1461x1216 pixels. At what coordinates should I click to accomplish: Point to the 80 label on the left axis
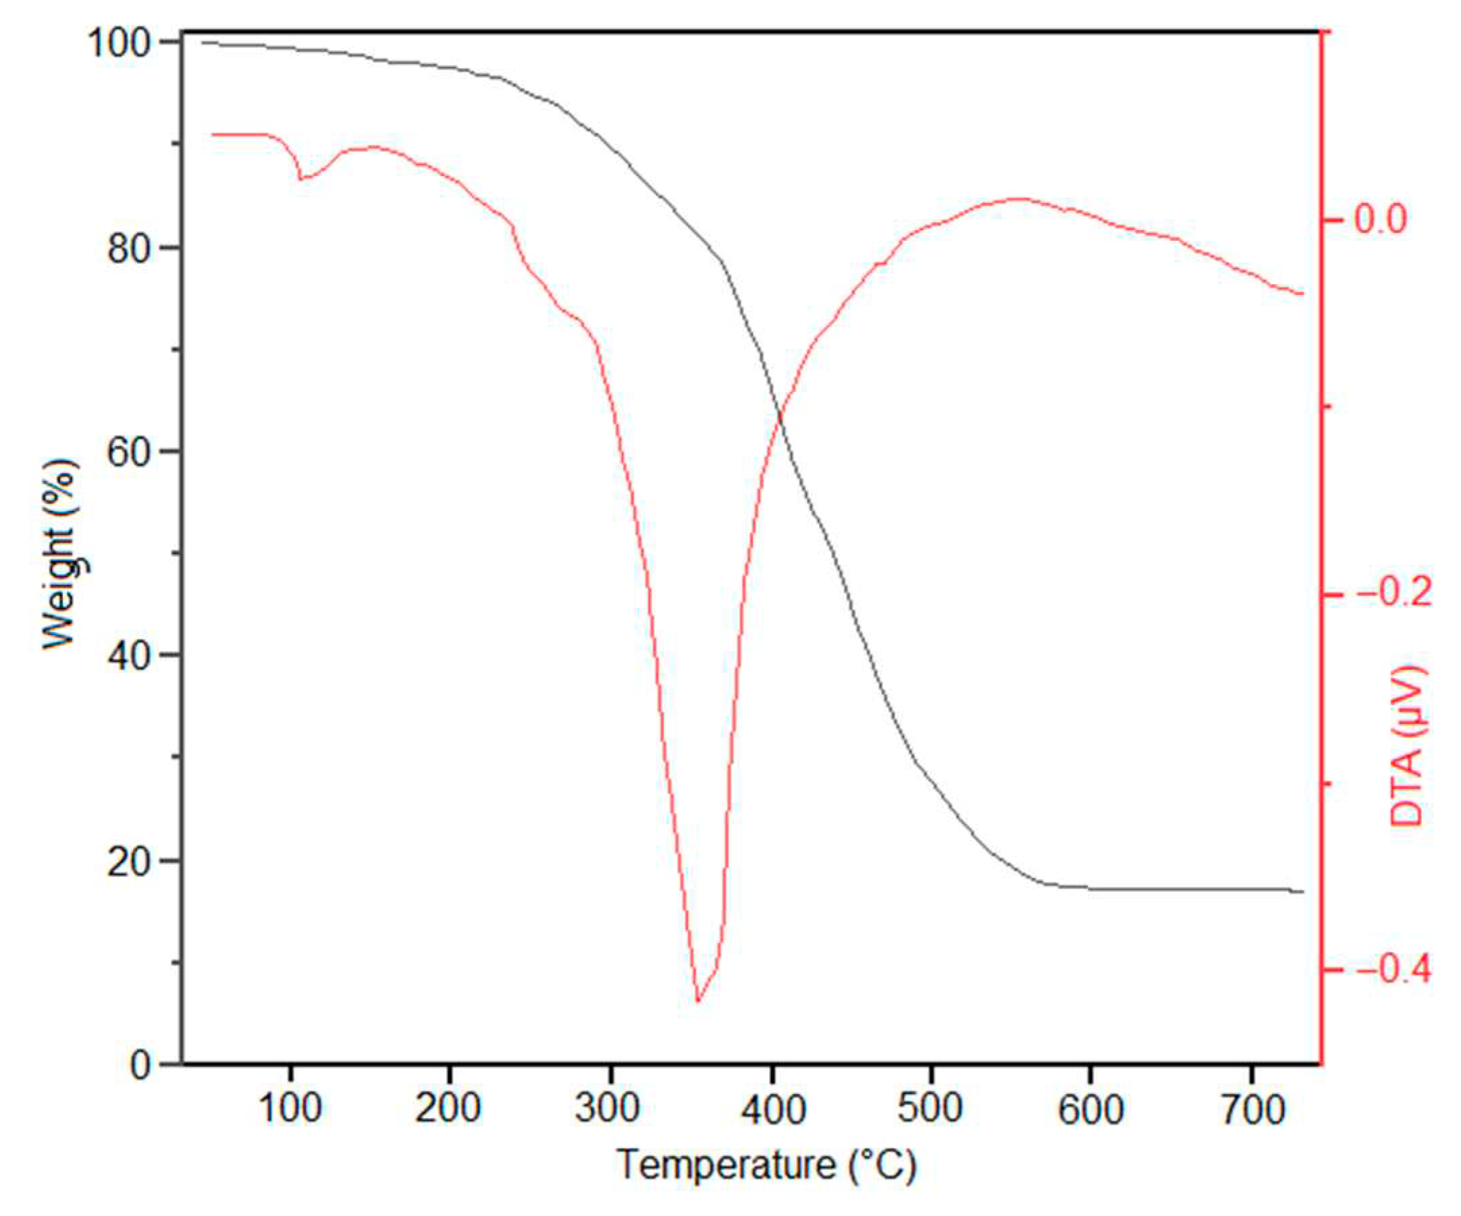pyautogui.click(x=130, y=248)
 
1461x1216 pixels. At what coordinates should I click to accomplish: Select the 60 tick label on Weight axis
pyautogui.click(x=130, y=452)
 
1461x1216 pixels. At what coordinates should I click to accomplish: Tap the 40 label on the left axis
pyautogui.click(x=130, y=656)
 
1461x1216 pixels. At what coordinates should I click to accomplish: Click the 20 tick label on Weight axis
pyautogui.click(x=130, y=861)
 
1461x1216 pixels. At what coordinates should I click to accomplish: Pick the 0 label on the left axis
pyautogui.click(x=141, y=1065)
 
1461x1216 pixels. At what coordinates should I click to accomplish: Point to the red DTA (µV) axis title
pyautogui.click(x=1408, y=745)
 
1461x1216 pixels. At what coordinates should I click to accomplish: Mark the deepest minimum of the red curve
pyautogui.click(x=698, y=1001)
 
